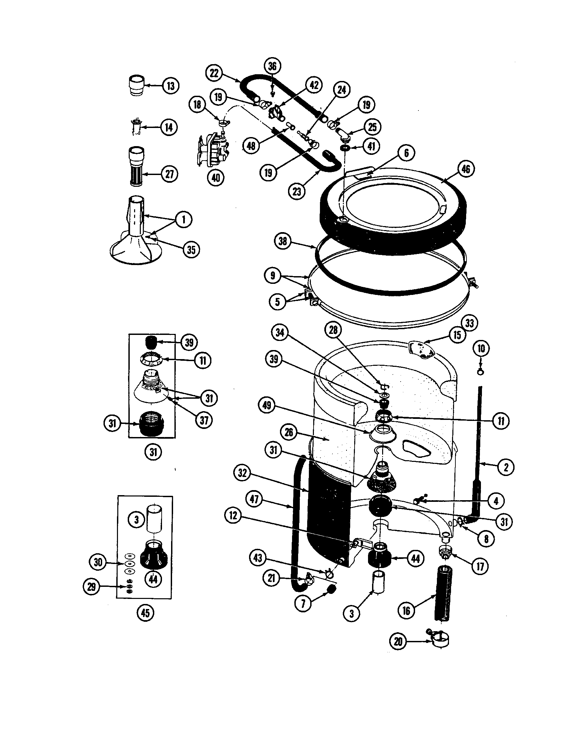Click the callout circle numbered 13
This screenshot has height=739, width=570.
pyautogui.click(x=171, y=86)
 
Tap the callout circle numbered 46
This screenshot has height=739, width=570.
pyautogui.click(x=466, y=169)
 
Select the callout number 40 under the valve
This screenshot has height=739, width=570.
pyautogui.click(x=216, y=177)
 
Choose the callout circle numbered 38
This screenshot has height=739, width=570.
pyautogui.click(x=283, y=242)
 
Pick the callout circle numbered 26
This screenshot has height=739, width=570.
pyautogui.click(x=289, y=432)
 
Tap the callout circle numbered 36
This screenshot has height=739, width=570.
pyautogui.click(x=272, y=66)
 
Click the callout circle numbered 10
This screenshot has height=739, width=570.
pyautogui.click(x=481, y=349)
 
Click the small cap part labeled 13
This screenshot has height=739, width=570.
pyautogui.click(x=137, y=86)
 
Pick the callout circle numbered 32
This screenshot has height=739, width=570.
pyautogui.click(x=242, y=473)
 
